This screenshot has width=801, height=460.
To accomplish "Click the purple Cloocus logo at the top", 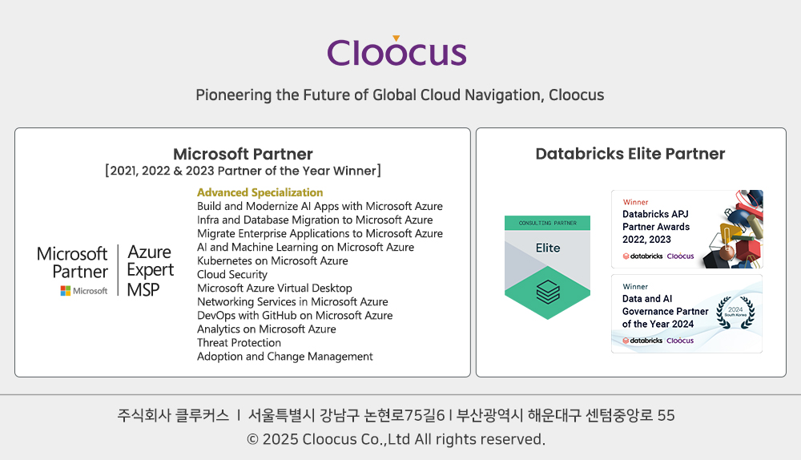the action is (x=397, y=51).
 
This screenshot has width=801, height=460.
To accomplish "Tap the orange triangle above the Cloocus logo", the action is (x=396, y=38).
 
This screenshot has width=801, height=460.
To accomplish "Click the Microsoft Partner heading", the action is (x=243, y=154).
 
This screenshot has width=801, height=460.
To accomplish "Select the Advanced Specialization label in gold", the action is (x=260, y=192).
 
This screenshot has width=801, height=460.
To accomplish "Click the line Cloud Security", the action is (x=232, y=274).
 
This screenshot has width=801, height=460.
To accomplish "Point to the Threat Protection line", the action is (x=239, y=343).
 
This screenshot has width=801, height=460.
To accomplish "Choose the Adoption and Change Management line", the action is (x=285, y=357).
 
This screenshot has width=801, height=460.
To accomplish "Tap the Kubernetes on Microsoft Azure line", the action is (x=272, y=260).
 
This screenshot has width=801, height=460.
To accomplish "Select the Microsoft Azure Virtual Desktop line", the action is (x=274, y=289).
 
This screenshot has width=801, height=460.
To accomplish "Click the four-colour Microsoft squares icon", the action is (x=66, y=291).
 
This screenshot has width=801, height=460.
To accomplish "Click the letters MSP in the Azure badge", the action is (x=143, y=290).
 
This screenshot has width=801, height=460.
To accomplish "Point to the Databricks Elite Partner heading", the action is (x=630, y=154).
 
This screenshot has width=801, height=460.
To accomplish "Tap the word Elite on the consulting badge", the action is (x=548, y=248).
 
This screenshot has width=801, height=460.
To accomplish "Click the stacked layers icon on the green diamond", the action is (x=548, y=293).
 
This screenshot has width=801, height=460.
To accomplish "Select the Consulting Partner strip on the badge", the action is (x=548, y=223).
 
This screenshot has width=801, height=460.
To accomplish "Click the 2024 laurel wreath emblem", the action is (x=735, y=312).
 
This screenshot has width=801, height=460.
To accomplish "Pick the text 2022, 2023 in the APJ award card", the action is (x=646, y=240).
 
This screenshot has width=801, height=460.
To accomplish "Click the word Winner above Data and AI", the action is (x=635, y=287).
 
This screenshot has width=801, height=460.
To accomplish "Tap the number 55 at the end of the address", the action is (x=666, y=415).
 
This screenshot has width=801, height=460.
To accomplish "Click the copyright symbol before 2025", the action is (x=252, y=439).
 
